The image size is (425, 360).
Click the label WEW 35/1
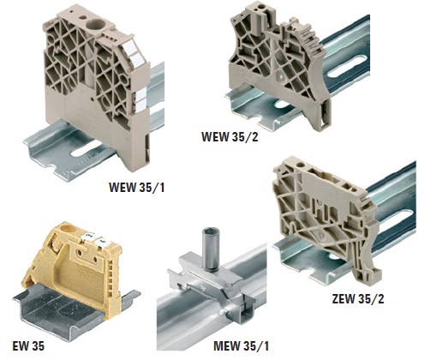click(136, 187)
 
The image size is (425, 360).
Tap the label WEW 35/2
click(230, 136)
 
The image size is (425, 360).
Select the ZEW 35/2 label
click(358, 299)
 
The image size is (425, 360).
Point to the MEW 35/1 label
click(241, 346)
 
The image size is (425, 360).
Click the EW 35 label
click(28, 346)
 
